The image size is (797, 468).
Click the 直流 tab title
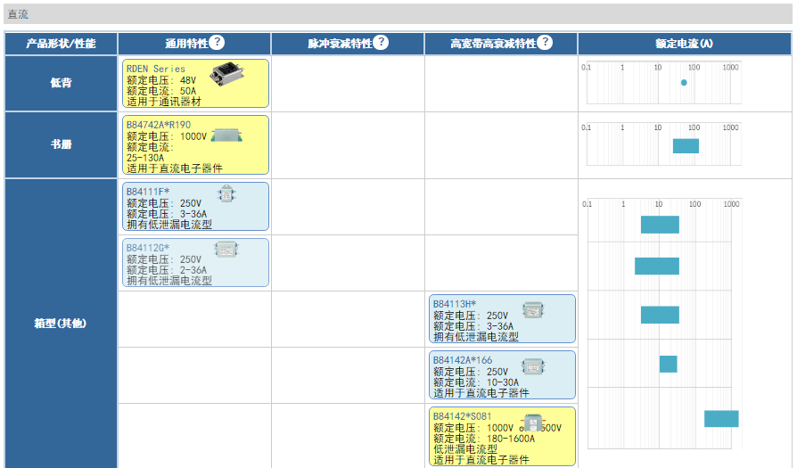tap(18, 13)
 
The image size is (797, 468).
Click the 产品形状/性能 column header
tap(61, 44)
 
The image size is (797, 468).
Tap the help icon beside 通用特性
tap(217, 43)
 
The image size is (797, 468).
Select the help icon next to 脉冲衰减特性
tap(381, 43)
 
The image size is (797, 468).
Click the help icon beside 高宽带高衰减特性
tap(545, 43)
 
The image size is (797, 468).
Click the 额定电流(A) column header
tap(684, 44)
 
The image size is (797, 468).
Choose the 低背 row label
tap(61, 83)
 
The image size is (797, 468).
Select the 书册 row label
tap(61, 144)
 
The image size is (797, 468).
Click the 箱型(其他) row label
tap(61, 323)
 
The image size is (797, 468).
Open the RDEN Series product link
tap(156, 69)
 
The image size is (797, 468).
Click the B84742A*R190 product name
tap(159, 125)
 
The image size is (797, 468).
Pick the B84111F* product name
tap(148, 192)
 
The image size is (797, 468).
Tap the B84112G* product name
tap(148, 247)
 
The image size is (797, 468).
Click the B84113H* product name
tap(455, 304)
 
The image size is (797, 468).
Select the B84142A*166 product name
tap(463, 360)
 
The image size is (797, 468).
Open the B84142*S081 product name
tap(463, 416)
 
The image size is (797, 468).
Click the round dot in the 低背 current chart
tap(684, 83)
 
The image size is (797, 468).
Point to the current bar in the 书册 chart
tap(686, 146)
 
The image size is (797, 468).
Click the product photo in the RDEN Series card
tap(227, 74)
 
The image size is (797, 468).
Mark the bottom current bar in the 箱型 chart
tap(721, 419)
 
